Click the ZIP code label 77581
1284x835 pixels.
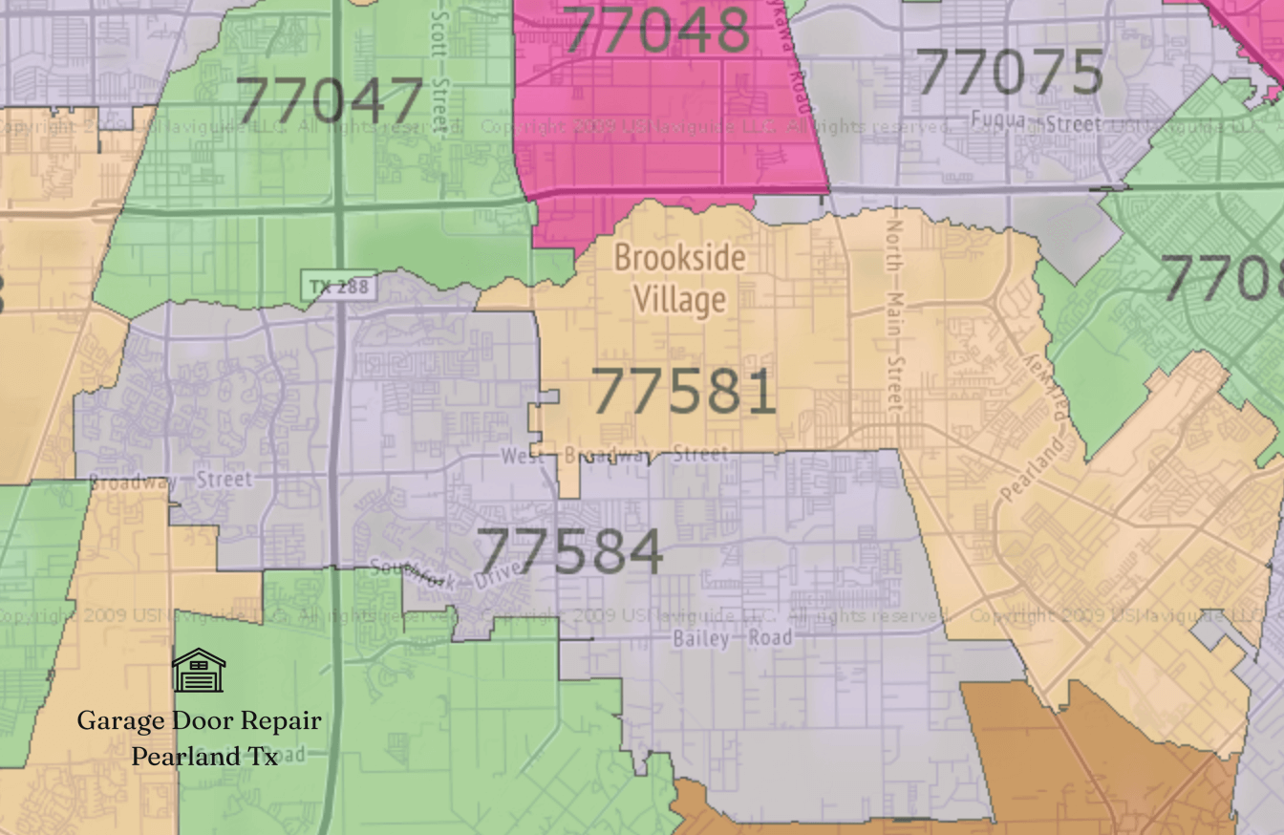click(683, 392)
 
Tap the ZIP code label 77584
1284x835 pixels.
click(570, 551)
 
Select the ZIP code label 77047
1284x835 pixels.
click(329, 99)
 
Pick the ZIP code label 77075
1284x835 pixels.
click(1010, 72)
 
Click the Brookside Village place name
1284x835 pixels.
click(679, 278)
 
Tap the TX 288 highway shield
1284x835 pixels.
click(338, 286)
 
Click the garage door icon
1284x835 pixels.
click(199, 670)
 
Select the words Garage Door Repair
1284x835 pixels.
click(199, 720)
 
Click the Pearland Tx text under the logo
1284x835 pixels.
click(204, 756)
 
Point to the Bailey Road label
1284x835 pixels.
click(733, 637)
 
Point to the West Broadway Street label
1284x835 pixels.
click(614, 455)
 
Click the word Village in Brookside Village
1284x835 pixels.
click(679, 300)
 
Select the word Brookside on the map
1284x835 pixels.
click(679, 258)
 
